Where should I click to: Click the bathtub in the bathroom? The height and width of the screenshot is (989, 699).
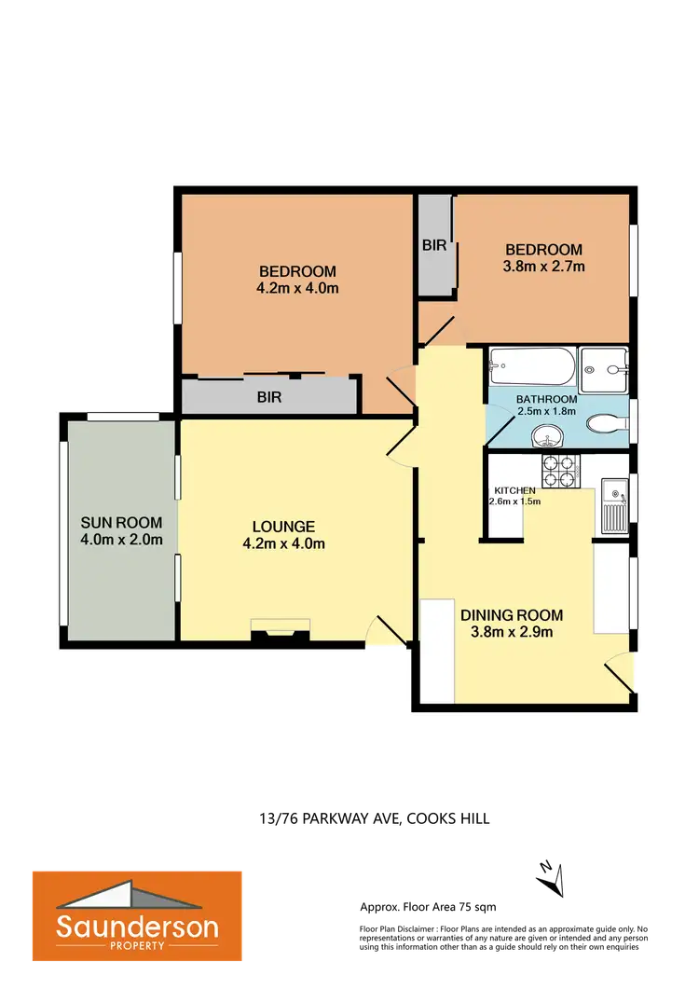(x=528, y=370)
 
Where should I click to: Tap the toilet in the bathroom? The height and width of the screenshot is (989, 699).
(x=607, y=423)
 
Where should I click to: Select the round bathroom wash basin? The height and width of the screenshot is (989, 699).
(x=545, y=436)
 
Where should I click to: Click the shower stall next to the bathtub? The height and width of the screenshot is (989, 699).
(x=603, y=370)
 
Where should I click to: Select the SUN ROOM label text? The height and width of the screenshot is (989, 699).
(x=121, y=522)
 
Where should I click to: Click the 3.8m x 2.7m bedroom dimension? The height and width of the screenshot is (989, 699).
(x=544, y=267)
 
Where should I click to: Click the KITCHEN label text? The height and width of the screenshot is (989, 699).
(x=514, y=490)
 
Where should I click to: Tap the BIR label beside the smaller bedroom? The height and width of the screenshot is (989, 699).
(x=434, y=247)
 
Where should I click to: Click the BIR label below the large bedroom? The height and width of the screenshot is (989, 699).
(x=270, y=397)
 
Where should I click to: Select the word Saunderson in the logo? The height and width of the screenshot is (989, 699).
(x=137, y=927)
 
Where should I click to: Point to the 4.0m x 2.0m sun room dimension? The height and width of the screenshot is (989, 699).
(x=121, y=539)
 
